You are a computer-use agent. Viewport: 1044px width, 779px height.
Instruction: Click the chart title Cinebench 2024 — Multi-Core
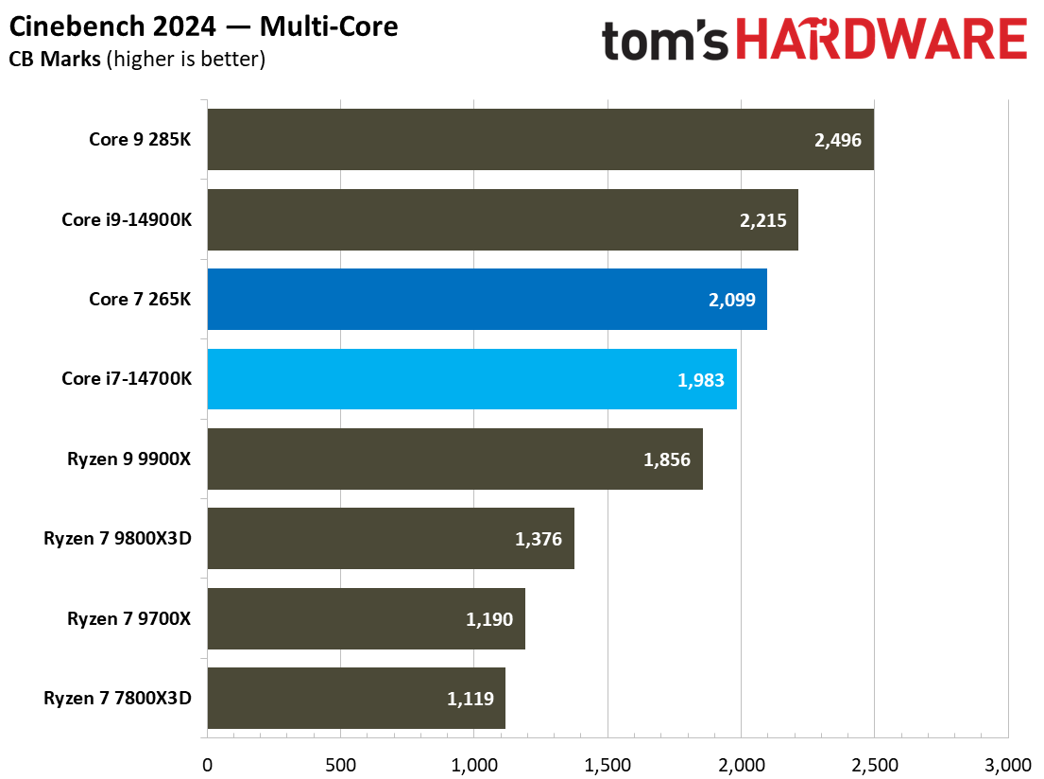(x=204, y=26)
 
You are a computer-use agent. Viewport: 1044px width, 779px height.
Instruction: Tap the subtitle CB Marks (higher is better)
(x=137, y=60)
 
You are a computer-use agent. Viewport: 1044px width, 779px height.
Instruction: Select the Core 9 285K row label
(x=140, y=140)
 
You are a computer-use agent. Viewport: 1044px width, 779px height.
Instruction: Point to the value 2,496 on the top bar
(x=837, y=140)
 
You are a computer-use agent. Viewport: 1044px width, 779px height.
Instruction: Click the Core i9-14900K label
(x=127, y=219)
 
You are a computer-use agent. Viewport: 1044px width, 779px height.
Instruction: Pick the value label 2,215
(x=762, y=219)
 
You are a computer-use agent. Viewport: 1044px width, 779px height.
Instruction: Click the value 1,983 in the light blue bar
(x=700, y=379)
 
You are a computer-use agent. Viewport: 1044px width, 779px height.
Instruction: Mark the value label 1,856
(x=667, y=459)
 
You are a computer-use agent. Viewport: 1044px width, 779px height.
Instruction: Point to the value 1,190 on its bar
(x=489, y=619)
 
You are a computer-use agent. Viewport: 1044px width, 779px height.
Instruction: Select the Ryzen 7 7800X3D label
(x=117, y=699)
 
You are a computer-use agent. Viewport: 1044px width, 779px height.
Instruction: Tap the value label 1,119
(x=470, y=699)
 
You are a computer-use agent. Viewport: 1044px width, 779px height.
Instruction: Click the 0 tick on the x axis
(x=207, y=763)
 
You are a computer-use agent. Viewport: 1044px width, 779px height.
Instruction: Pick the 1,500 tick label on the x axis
(x=608, y=763)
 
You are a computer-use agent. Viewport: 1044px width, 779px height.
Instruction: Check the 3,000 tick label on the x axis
(x=1007, y=763)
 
